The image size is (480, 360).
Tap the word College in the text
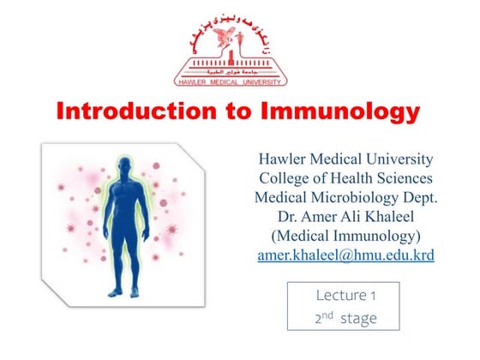[x=287, y=178]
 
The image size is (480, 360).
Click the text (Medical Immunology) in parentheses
[x=345, y=235]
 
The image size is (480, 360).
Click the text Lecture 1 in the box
[x=346, y=295]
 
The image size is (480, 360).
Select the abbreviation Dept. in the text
[x=413, y=197]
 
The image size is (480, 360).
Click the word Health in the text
[x=352, y=178]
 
